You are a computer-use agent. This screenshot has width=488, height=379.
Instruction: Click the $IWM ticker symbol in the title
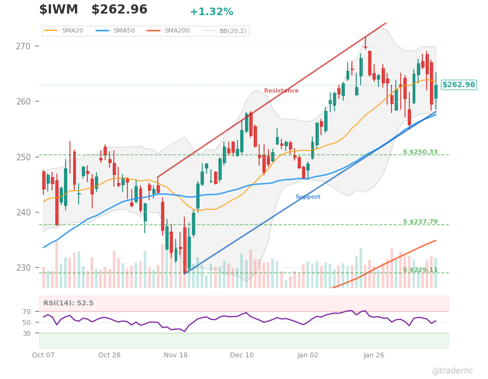[x=59, y=10]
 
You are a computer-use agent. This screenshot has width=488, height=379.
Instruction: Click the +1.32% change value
[x=211, y=12]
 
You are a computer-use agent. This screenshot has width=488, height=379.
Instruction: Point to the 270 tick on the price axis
[x=23, y=46]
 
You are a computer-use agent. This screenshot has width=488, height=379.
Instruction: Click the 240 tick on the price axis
[x=23, y=212]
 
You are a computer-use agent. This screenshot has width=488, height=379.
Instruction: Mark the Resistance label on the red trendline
[x=281, y=91]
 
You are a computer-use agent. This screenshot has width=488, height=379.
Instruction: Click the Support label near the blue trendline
[x=307, y=197]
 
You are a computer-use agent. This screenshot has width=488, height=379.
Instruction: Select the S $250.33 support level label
[x=420, y=152]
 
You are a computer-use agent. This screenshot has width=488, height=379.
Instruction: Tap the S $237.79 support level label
[x=420, y=222]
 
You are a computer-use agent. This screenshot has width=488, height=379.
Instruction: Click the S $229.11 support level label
[x=420, y=270]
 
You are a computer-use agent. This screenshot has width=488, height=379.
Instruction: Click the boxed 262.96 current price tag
[x=458, y=85]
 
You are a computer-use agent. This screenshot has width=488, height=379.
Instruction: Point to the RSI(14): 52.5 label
[x=68, y=303]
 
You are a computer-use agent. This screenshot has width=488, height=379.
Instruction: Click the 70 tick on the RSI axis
[x=27, y=312]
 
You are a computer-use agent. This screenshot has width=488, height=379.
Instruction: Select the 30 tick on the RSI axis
[x=27, y=334]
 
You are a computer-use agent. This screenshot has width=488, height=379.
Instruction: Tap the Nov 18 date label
[x=176, y=355]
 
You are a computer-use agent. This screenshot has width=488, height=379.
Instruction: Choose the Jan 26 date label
[x=374, y=355]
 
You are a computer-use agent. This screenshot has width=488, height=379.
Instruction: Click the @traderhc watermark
[x=452, y=371]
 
